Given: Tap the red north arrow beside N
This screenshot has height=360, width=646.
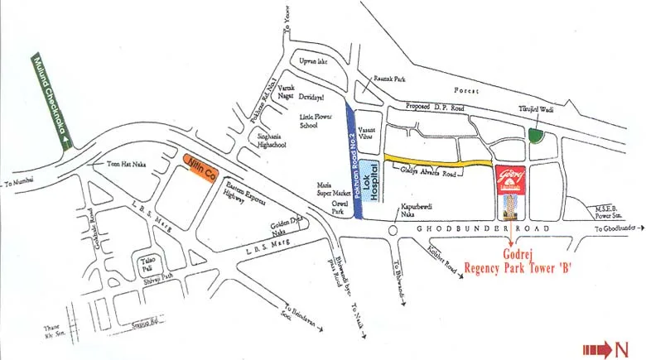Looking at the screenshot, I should [x=596, y=349].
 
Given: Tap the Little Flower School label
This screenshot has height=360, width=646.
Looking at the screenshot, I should [x=313, y=123].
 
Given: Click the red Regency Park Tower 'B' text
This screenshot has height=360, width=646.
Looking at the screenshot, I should [x=520, y=267].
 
